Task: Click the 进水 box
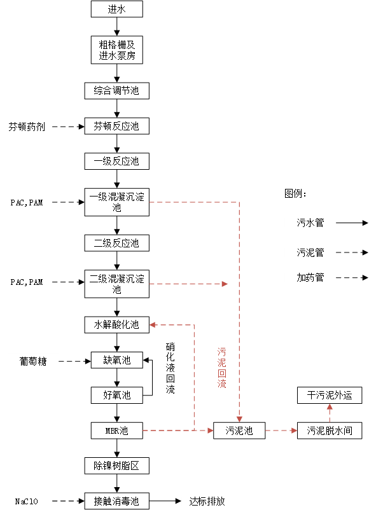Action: pos(116,9)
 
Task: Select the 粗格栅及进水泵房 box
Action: pos(116,50)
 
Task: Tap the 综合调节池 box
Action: pos(116,91)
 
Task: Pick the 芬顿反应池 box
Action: pos(116,126)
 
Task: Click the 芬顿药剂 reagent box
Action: pos(27,127)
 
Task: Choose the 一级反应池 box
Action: pos(116,161)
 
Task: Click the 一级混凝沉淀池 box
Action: pos(116,202)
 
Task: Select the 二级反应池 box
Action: pos(116,242)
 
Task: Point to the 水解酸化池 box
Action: pos(116,325)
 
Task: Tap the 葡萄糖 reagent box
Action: pos(32,361)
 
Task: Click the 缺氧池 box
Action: pos(116,360)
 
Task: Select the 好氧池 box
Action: pos(116,395)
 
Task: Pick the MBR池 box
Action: pos(116,431)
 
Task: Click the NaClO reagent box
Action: pos(26,500)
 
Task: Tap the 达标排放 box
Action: pos(207,500)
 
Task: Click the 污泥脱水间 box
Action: pos(330,431)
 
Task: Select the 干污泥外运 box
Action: pos(330,396)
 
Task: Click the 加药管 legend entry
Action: pos(310,277)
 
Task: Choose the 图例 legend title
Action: pos(297,193)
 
